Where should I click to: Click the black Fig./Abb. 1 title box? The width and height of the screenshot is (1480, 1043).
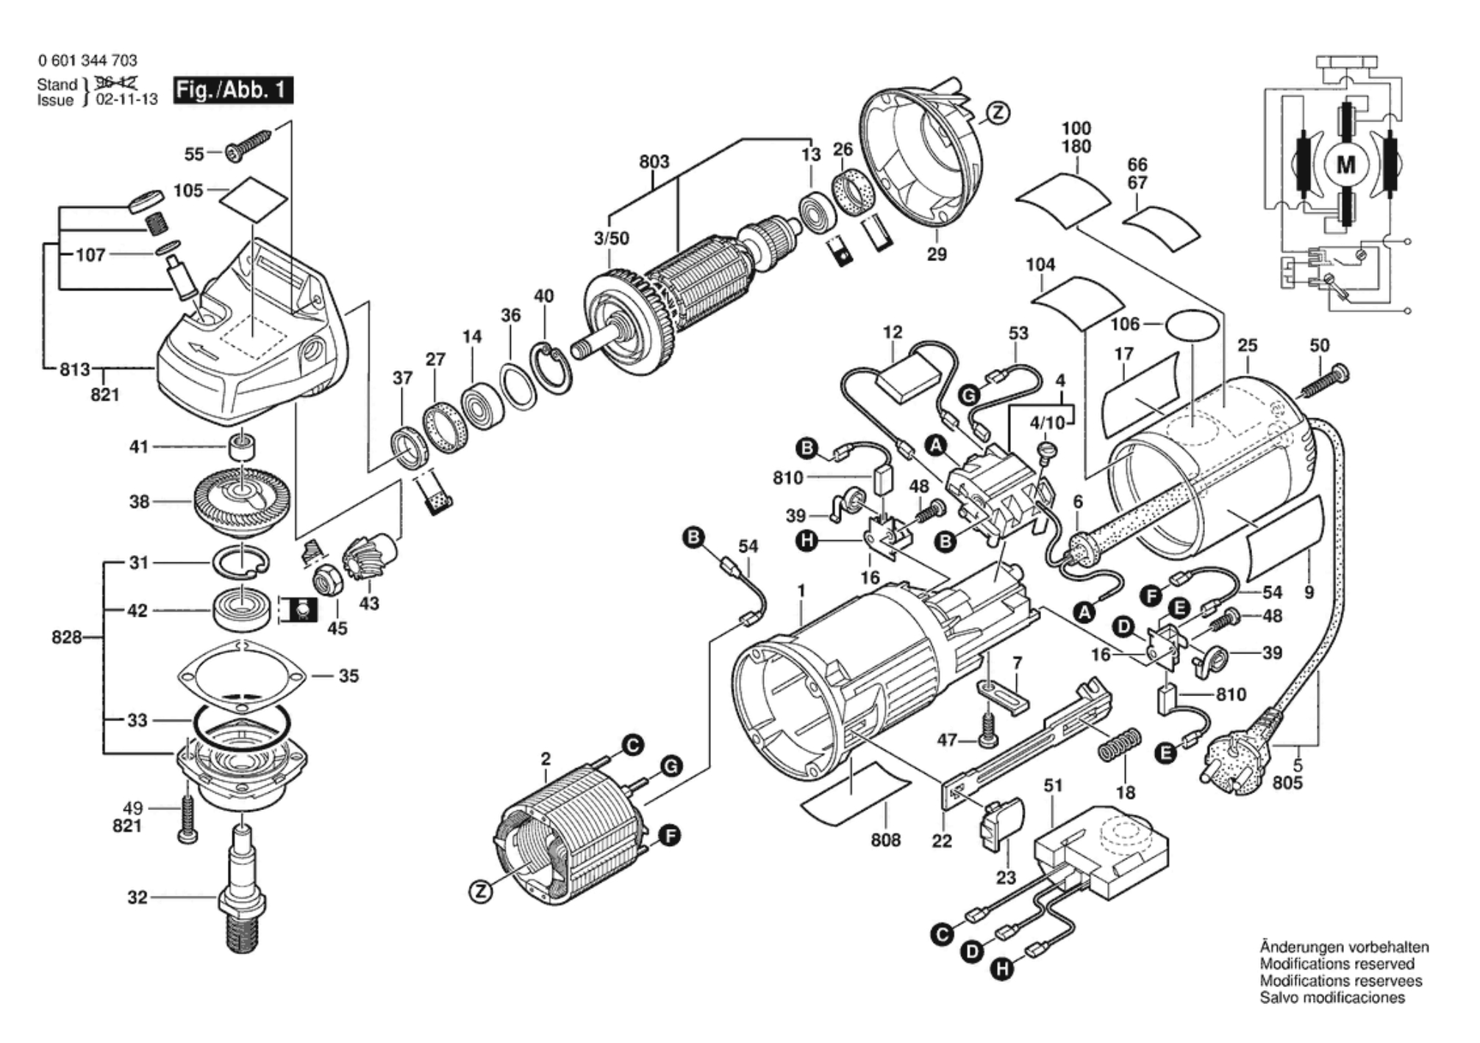click(233, 90)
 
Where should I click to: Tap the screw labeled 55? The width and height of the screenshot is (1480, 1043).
click(249, 143)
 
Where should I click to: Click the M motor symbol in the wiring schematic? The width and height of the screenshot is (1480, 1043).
click(1345, 165)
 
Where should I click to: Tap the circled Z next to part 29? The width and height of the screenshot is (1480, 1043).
click(997, 112)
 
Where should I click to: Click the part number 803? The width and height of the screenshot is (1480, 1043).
click(654, 162)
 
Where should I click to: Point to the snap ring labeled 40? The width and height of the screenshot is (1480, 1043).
click(551, 367)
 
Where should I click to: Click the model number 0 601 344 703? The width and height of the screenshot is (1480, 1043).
click(87, 60)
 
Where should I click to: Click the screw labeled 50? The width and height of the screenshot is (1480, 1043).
click(1325, 381)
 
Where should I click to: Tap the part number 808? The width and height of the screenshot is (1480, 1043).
click(885, 839)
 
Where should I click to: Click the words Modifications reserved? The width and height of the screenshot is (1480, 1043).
click(1337, 964)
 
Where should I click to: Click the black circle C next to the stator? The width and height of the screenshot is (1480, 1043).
click(632, 745)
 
